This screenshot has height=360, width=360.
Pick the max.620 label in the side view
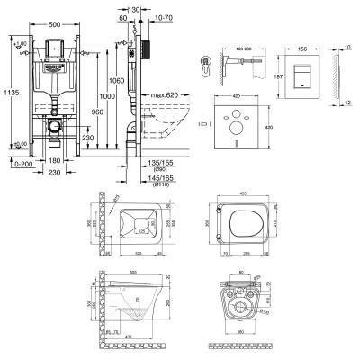click(171, 95)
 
